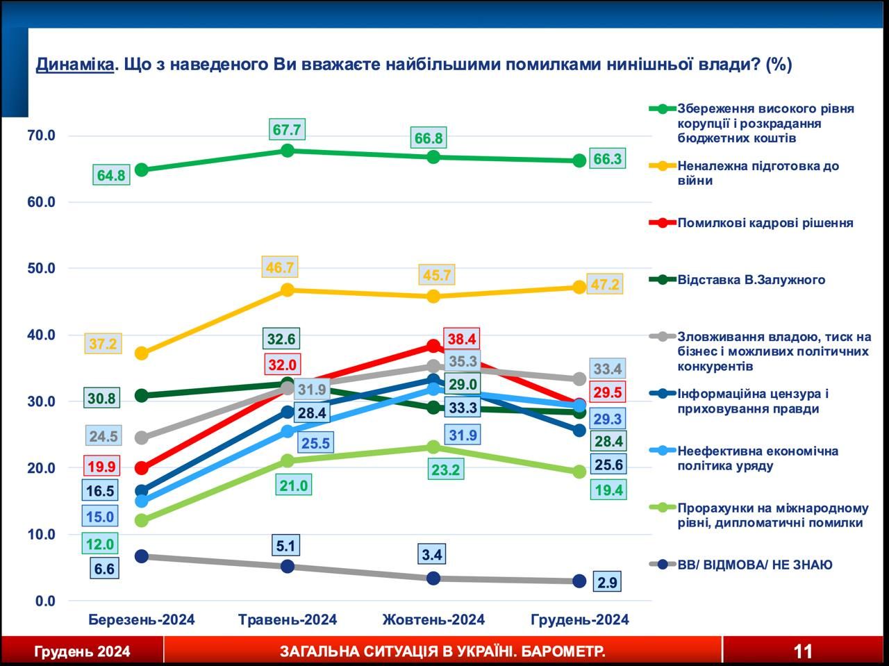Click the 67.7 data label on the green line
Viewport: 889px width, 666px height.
click(x=288, y=130)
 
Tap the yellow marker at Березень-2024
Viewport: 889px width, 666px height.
click(x=142, y=353)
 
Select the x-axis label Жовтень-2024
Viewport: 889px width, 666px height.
click(x=433, y=619)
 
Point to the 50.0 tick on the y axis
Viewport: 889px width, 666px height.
click(x=41, y=268)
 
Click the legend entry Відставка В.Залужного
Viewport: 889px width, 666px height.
click(x=751, y=280)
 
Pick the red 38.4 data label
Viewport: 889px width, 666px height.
click(x=462, y=339)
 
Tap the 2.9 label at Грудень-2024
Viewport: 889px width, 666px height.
click(x=607, y=582)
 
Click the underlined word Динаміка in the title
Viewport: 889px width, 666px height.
click(x=74, y=65)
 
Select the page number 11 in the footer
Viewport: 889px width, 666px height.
click(x=803, y=651)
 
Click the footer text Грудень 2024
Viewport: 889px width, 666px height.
click(x=82, y=651)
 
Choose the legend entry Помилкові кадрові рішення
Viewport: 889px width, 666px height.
click(x=765, y=223)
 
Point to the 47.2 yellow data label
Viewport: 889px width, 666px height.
click(x=604, y=284)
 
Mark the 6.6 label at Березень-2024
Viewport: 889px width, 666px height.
click(x=103, y=569)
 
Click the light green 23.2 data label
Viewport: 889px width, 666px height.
click(x=446, y=470)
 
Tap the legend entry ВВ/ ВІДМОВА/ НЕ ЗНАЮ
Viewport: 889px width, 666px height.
click(x=754, y=565)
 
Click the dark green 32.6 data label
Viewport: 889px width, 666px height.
click(x=281, y=340)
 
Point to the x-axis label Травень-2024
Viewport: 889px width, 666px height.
click(x=288, y=619)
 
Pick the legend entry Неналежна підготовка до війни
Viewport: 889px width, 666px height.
click(x=758, y=173)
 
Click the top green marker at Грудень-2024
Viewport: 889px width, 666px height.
click(x=579, y=161)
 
